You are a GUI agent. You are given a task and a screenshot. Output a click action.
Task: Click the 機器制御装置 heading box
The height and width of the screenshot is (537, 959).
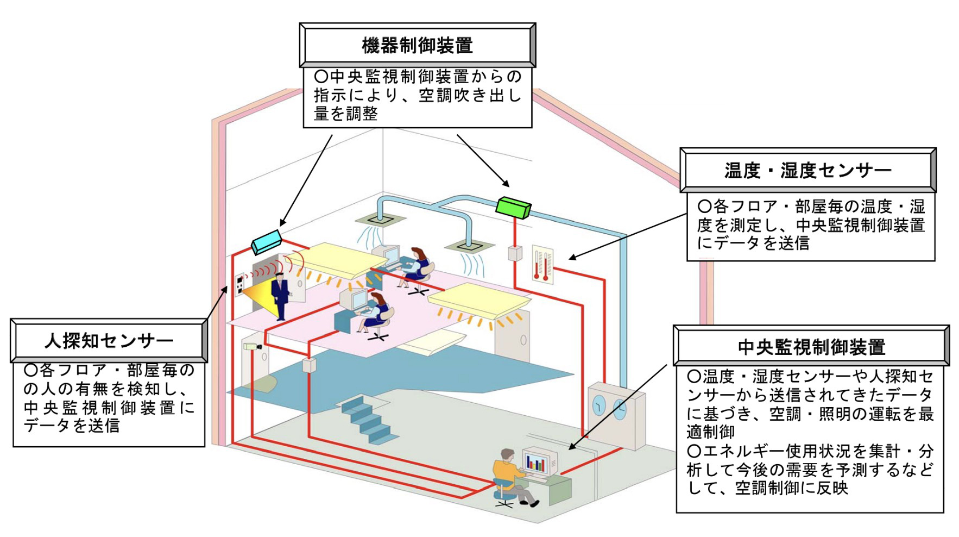pyautogui.click(x=417, y=45)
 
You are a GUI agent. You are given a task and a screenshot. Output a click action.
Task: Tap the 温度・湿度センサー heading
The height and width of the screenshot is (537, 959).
pyautogui.click(x=807, y=170)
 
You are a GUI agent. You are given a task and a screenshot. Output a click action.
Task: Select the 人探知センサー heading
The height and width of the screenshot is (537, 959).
pyautogui.click(x=109, y=341)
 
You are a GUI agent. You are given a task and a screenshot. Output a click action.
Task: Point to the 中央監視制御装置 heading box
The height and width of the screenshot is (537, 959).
pyautogui.click(x=811, y=346)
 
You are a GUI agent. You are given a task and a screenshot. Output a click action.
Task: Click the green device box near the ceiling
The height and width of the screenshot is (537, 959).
pyautogui.click(x=514, y=207)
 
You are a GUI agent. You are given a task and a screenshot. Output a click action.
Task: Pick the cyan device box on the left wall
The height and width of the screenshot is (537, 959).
pyautogui.click(x=267, y=241)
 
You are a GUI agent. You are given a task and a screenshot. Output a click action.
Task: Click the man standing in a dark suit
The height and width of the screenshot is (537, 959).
pyautogui.click(x=280, y=296)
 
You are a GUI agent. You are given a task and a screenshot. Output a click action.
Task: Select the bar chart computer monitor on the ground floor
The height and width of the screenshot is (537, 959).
pyautogui.click(x=537, y=463)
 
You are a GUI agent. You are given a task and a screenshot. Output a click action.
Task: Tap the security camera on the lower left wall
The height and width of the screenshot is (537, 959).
pyautogui.click(x=252, y=346)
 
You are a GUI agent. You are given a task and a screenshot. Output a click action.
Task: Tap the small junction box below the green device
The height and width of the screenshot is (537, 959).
pyautogui.click(x=514, y=253)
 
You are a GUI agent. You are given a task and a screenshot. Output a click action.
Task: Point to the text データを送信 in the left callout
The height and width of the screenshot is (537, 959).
pyautogui.click(x=71, y=426)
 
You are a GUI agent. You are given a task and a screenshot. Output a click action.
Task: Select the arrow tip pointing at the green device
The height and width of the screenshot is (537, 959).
pyautogui.click(x=508, y=185)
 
